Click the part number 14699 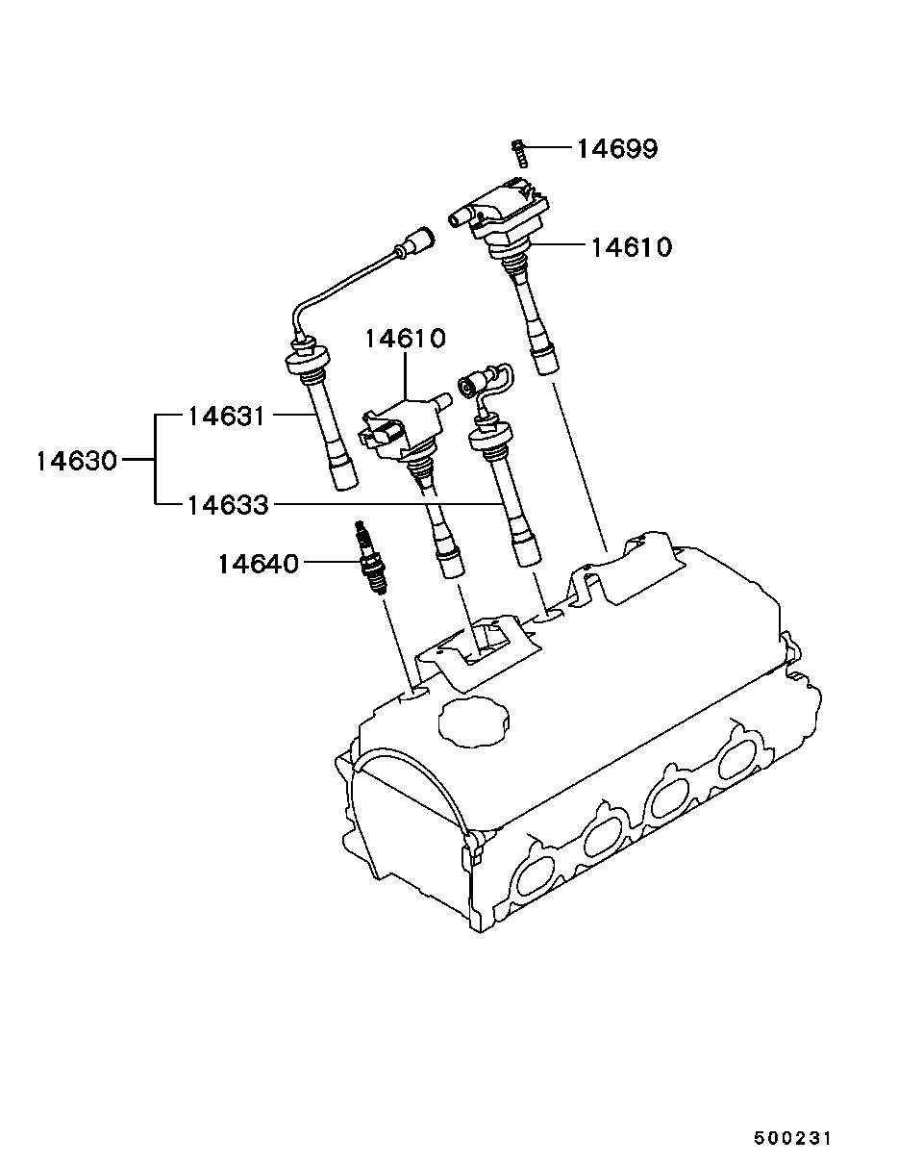(618, 149)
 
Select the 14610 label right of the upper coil (632, 248)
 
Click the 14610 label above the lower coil (406, 340)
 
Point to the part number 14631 (227, 417)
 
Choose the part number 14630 (77, 461)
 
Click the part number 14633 (228, 506)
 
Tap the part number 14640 (259, 564)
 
